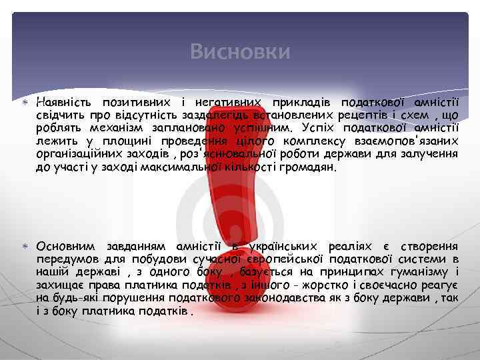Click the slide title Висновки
click(x=240, y=51)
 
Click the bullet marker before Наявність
click(x=25, y=103)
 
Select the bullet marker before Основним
click(x=25, y=247)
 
